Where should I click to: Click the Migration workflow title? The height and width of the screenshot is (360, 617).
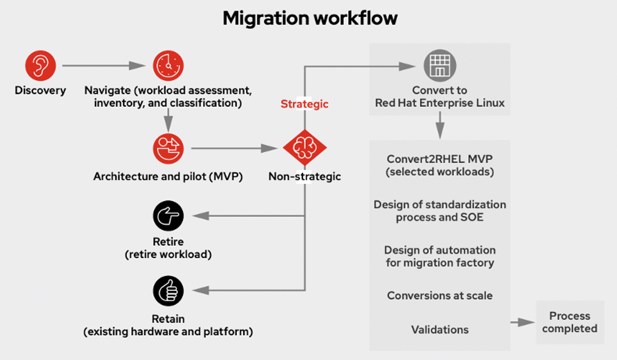click(x=310, y=18)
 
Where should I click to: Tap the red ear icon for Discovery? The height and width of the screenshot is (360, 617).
click(x=40, y=66)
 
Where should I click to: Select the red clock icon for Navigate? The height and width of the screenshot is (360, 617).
click(x=168, y=66)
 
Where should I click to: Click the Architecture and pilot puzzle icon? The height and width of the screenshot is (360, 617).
click(x=168, y=149)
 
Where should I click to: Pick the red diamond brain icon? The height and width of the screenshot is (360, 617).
click(x=304, y=149)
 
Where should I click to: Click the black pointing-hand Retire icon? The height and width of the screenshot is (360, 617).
click(x=168, y=216)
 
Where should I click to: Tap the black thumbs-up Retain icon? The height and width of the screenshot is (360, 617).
click(x=168, y=290)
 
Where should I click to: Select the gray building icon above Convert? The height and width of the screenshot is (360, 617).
click(x=440, y=66)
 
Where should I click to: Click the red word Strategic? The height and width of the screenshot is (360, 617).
click(x=304, y=104)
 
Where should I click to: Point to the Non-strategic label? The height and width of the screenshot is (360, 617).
click(x=304, y=176)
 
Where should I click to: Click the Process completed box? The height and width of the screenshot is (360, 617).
click(x=569, y=322)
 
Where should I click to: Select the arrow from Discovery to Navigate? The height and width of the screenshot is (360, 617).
click(x=103, y=66)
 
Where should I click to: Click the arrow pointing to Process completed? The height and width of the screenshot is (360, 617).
click(x=522, y=322)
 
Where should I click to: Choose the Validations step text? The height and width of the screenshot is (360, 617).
click(x=440, y=330)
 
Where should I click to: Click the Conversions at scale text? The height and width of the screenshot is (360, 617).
click(x=440, y=296)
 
